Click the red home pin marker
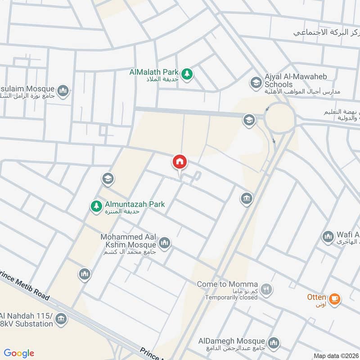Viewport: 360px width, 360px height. click(x=180, y=162)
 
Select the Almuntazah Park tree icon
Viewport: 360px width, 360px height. click(x=96, y=206)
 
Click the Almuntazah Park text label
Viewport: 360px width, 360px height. click(x=135, y=204)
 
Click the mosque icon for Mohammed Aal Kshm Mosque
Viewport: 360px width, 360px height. click(x=165, y=243)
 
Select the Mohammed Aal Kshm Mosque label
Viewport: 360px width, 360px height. click(x=128, y=240)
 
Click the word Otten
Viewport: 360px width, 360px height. click(x=316, y=297)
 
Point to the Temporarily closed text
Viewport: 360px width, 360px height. click(x=230, y=297)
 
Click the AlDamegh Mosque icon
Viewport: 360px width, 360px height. click(x=273, y=343)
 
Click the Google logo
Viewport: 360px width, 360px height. click(x=19, y=353)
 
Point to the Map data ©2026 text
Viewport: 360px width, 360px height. click(x=335, y=355)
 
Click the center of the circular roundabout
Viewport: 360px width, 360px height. click(x=279, y=118)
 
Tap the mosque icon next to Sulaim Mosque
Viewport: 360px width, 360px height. click(x=63, y=91)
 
